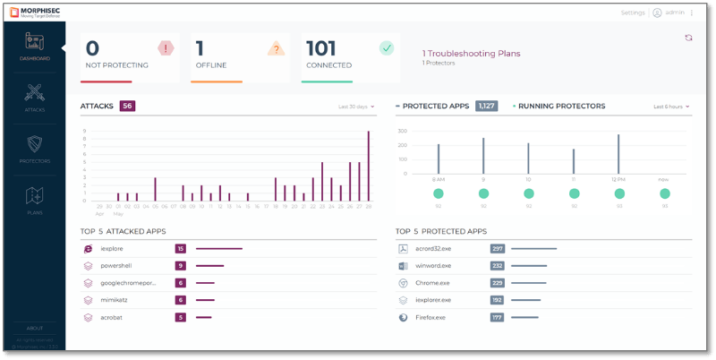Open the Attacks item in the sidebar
tap(34, 92)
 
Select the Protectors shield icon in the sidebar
tap(34, 144)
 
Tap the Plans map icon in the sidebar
tap(34, 195)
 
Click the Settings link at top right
tap(632, 13)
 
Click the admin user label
tap(676, 13)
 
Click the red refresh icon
tap(688, 38)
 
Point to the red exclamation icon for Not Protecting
tap(166, 48)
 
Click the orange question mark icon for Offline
tap(276, 48)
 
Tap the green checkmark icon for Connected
tap(386, 48)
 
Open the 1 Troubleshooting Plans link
tap(471, 53)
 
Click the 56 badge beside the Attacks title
tap(127, 106)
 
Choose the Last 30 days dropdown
tap(356, 107)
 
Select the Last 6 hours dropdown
tap(671, 107)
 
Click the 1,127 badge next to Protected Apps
tap(486, 106)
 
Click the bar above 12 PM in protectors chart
tap(618, 154)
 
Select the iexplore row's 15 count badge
tap(180, 249)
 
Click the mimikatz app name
tap(115, 300)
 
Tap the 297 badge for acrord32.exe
tap(498, 249)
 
